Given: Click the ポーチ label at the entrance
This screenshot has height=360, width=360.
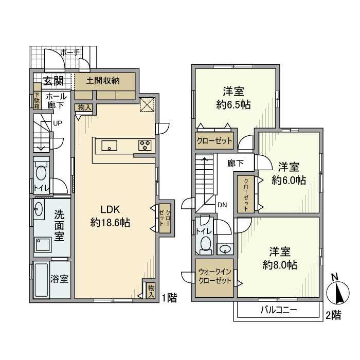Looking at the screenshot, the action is pos(70,53).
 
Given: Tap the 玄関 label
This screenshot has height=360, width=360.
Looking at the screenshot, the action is pos(53,81).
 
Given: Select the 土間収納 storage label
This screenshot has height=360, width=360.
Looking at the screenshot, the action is pos(103,81).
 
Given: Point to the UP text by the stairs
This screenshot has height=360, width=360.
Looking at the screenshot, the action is pos(58,123).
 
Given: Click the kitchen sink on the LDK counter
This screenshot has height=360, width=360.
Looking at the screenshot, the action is pos(109,146).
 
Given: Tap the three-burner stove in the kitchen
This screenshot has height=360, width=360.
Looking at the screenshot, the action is pos(145,146).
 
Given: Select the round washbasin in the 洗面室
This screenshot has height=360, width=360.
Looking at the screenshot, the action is pos(39,209).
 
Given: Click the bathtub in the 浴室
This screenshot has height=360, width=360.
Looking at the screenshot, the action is pos(42,280).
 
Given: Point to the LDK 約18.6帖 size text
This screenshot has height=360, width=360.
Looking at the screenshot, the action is pos(110,223).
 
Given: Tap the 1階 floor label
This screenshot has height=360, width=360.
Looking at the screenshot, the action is pos(169,298).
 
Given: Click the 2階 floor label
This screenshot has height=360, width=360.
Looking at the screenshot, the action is pos(334,315).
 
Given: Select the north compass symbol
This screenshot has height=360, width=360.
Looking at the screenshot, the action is pos(338,290).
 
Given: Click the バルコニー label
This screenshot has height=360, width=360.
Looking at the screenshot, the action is pos(279,310).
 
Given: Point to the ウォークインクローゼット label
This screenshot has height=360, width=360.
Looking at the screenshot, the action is pos(214,277).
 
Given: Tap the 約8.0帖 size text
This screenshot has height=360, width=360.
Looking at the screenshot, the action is pos(280,265).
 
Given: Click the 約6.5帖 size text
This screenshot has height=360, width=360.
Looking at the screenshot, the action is pos(233,105).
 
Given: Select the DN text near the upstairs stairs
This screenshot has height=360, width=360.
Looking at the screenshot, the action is pos(222,205).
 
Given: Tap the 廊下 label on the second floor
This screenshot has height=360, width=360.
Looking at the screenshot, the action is pos(236,163).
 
